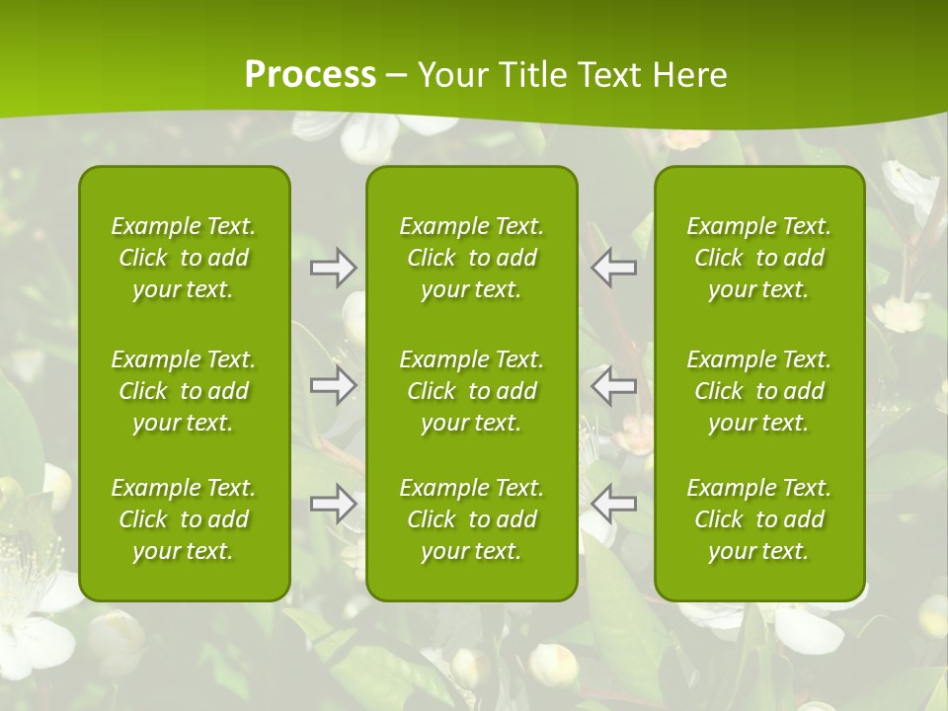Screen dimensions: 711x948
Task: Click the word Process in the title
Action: pyautogui.click(x=310, y=75)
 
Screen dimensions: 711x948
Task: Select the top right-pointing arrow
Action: pyautogui.click(x=334, y=269)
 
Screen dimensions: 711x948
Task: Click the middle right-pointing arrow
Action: pyautogui.click(x=334, y=385)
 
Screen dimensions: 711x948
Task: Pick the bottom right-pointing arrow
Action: pyautogui.click(x=334, y=504)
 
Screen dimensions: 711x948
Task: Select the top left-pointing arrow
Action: pyautogui.click(x=614, y=269)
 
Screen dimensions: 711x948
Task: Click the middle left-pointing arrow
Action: pyautogui.click(x=614, y=385)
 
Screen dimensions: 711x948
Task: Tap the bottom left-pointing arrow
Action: pyautogui.click(x=614, y=504)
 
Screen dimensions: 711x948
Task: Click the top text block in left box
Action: pyautogui.click(x=184, y=258)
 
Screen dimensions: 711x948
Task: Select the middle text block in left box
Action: pyautogui.click(x=184, y=391)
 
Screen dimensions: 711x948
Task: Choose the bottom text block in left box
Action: pyautogui.click(x=184, y=519)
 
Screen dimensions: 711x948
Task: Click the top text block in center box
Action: pyautogui.click(x=471, y=258)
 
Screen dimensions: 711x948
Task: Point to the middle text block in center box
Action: pyautogui.click(x=471, y=391)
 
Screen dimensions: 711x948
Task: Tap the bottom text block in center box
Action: pyautogui.click(x=471, y=519)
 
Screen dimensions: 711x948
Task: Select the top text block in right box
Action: pyautogui.click(x=759, y=258)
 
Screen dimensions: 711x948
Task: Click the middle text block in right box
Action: pyautogui.click(x=759, y=391)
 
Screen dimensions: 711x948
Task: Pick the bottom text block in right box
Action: pyautogui.click(x=759, y=519)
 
